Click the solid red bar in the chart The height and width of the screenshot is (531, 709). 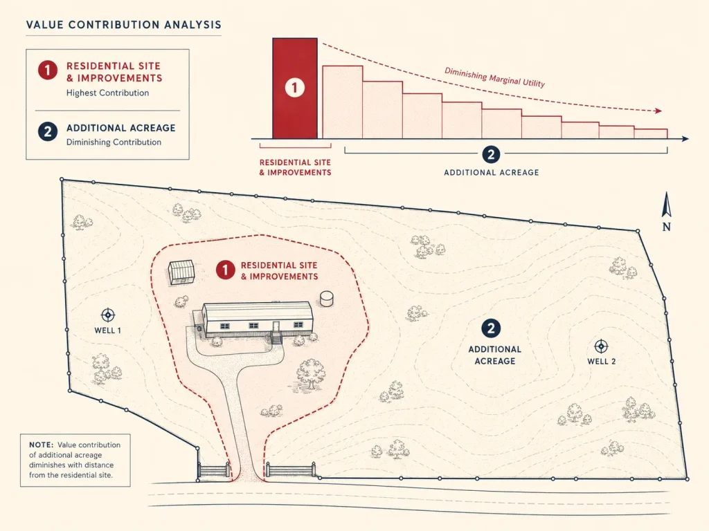click(x=295, y=88)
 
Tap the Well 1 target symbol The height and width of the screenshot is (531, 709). click(x=107, y=315)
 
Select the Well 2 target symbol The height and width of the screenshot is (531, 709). click(x=601, y=346)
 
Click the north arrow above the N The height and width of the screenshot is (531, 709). click(x=666, y=205)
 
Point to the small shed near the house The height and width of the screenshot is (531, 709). click(x=181, y=272)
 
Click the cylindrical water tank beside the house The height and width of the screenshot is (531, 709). click(x=327, y=299)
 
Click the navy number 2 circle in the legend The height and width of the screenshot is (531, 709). click(x=48, y=132)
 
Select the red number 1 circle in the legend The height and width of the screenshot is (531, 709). click(x=48, y=70)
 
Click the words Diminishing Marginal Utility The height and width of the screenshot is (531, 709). click(x=494, y=77)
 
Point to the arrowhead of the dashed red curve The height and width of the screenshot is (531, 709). click(x=658, y=111)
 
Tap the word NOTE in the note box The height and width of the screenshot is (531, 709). click(x=41, y=445)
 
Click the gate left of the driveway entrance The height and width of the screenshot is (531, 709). click(x=213, y=470)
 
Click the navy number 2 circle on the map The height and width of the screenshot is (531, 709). click(x=491, y=328)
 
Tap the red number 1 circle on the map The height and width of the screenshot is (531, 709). click(x=225, y=270)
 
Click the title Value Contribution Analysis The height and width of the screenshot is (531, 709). click(x=124, y=25)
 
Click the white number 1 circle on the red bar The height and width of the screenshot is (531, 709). click(x=294, y=87)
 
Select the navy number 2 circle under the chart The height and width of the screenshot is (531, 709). click(x=491, y=154)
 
